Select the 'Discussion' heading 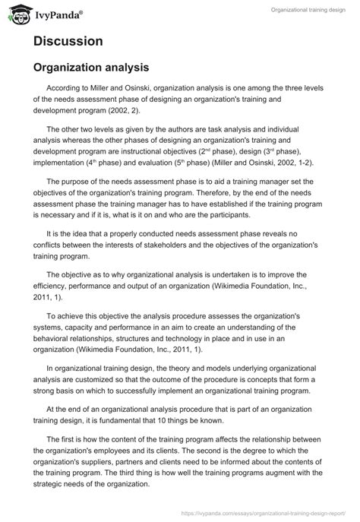click(68, 43)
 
